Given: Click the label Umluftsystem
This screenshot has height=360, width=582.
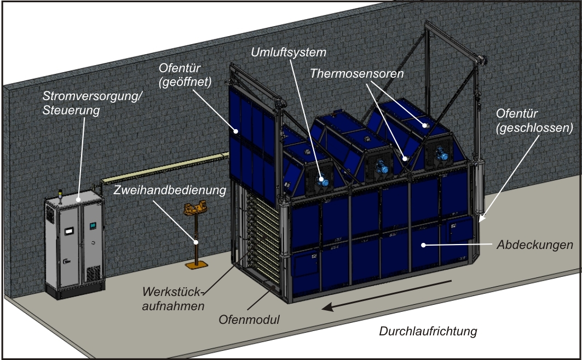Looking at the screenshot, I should tap(289, 53).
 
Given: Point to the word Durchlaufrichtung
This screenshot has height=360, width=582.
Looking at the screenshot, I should tap(428, 331).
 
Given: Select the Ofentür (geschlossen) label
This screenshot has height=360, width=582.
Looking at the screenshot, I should tap(534, 121).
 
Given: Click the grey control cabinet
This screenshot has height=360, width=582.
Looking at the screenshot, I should tap(74, 246).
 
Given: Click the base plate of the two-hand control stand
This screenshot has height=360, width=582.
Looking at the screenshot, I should tap(197, 265).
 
